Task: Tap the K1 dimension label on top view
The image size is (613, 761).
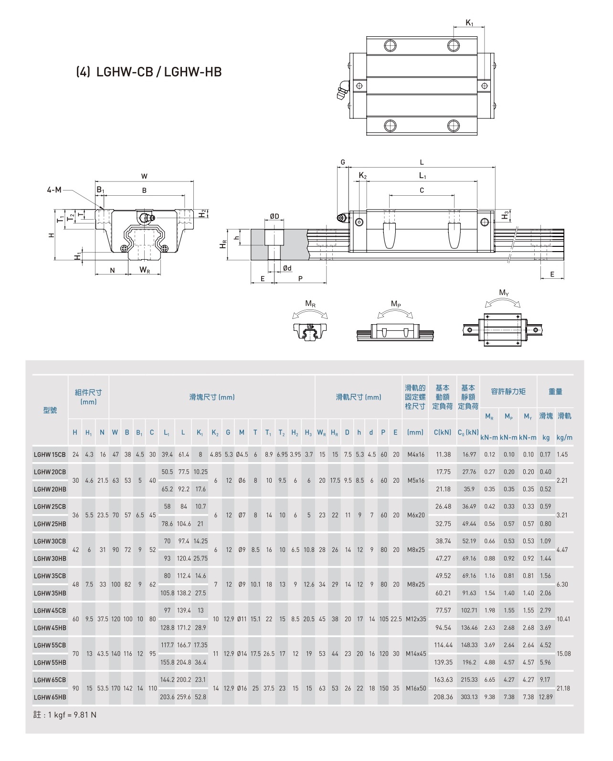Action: [469, 22]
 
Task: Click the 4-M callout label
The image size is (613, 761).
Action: [54, 190]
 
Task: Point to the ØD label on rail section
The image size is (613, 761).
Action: [274, 216]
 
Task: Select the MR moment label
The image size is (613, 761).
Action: [310, 304]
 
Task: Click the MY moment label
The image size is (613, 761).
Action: [503, 293]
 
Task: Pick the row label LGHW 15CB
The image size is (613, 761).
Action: [50, 454]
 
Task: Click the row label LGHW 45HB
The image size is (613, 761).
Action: [50, 628]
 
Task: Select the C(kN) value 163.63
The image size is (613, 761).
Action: [443, 680]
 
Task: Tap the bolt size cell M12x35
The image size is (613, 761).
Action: [415, 619]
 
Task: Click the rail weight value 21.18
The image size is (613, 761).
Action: [563, 688]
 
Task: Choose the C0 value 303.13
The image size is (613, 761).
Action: [469, 697]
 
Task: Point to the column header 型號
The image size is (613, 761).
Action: [50, 411]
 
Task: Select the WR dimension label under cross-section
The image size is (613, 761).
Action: [145, 270]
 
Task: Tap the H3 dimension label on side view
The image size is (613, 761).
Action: [506, 216]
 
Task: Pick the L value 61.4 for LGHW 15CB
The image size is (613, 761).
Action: [183, 454]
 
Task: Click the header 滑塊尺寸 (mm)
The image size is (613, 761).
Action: [212, 397]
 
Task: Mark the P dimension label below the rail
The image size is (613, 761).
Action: [300, 279]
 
